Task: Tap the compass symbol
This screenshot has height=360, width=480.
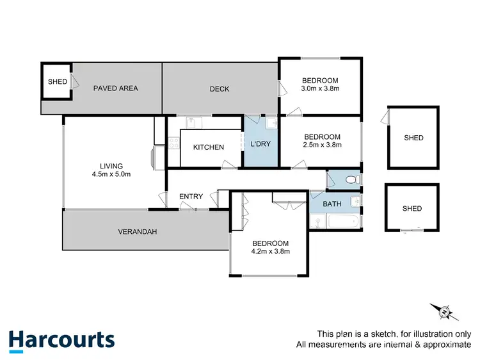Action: tap(443, 311)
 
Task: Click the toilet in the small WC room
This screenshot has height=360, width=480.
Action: tap(351, 180)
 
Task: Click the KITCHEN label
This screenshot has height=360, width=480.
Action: tap(209, 147)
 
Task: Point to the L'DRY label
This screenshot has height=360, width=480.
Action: tap(260, 144)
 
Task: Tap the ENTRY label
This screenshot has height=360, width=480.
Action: tap(191, 197)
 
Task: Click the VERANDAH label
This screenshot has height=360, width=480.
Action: tap(138, 231)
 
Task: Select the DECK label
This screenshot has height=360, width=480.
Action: tap(220, 89)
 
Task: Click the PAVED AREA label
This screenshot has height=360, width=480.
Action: tap(115, 88)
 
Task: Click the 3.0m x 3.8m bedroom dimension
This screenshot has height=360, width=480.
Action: tap(319, 88)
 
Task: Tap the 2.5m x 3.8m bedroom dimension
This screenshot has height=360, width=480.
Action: tap(322, 145)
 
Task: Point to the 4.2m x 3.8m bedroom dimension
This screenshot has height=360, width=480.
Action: tap(270, 252)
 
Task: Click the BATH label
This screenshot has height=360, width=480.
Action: tap(332, 204)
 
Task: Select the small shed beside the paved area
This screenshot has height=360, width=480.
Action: tap(58, 82)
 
